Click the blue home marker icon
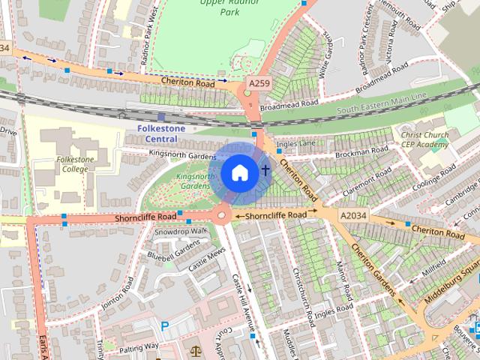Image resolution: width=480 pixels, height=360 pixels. click(238, 172)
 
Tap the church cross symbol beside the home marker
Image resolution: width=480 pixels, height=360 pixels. click(265, 171)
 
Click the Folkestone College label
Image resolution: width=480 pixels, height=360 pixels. click(72, 164)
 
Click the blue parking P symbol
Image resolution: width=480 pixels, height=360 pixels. click(165, 326)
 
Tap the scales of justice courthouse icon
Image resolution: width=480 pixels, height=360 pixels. click(196, 350)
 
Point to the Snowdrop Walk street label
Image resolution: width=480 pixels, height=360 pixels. click(180, 232)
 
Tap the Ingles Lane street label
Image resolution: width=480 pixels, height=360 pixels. click(292, 143)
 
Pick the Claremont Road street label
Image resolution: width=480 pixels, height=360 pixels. click(367, 181)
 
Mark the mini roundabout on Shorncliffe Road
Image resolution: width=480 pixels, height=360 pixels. click(222, 216)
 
